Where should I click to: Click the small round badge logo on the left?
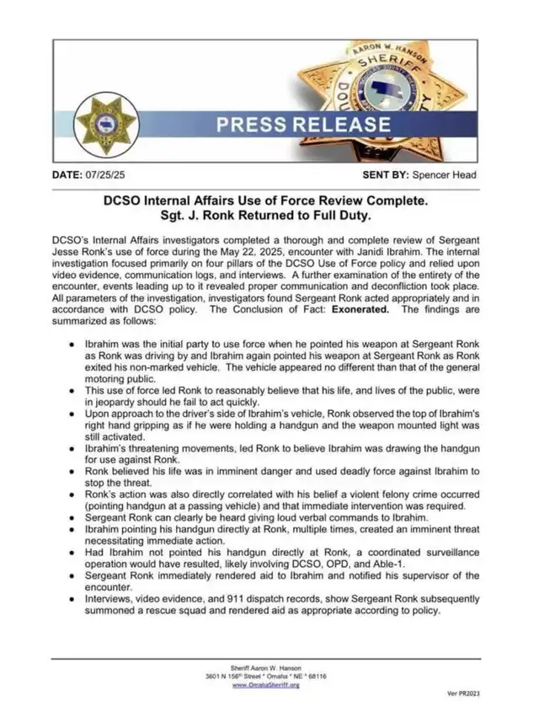click(x=106, y=124)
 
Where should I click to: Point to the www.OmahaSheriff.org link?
click(x=265, y=685)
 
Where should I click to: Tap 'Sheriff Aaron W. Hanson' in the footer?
click(x=265, y=666)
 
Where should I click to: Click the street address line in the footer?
click(x=265, y=676)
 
